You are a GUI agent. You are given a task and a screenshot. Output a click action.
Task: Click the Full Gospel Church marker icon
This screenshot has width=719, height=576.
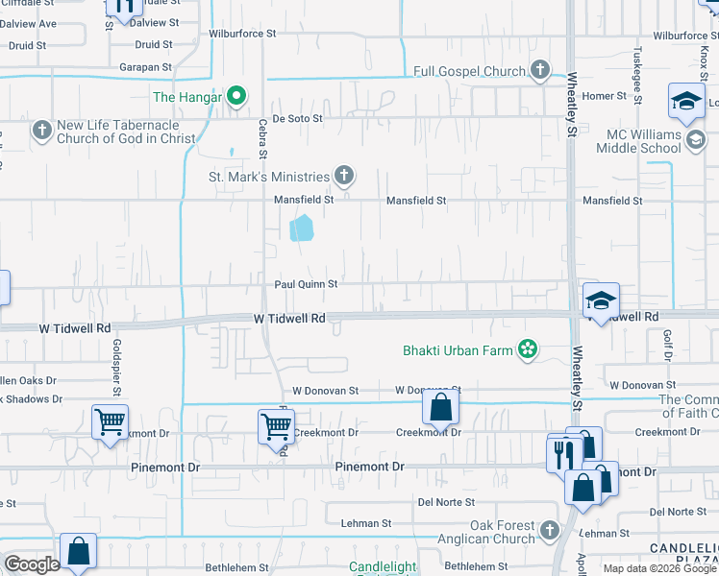click(x=540, y=70)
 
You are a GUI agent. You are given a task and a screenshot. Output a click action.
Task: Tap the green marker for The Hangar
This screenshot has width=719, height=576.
click(x=234, y=96)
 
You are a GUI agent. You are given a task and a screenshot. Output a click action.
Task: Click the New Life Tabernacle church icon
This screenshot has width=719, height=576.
click(x=41, y=130)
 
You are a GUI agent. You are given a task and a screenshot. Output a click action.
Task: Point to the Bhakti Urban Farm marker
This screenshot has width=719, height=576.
click(x=527, y=349)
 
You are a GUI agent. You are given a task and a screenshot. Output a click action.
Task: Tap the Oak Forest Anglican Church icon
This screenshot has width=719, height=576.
click(x=549, y=530)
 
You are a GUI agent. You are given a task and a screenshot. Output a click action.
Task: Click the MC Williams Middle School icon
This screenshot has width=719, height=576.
click(x=696, y=141)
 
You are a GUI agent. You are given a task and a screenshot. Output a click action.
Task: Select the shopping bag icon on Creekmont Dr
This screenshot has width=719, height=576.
click(x=440, y=407)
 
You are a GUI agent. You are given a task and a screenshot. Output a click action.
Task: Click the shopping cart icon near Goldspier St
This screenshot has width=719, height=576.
click(x=111, y=420)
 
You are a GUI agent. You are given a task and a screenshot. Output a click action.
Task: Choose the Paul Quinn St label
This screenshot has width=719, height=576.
click(x=306, y=284)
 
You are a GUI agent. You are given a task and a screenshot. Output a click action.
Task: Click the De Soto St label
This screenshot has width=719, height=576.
click(x=298, y=118)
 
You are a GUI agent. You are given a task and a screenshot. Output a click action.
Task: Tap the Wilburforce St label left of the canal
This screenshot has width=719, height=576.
click(x=242, y=33)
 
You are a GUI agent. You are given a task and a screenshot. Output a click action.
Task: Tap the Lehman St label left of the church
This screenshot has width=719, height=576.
click(x=366, y=523)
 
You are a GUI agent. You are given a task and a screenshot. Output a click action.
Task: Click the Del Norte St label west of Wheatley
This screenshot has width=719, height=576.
click(x=446, y=502)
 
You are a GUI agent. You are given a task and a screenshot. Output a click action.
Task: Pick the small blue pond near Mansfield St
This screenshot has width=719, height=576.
click(x=302, y=228)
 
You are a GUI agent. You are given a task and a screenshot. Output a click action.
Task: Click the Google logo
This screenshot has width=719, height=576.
click(x=32, y=564)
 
